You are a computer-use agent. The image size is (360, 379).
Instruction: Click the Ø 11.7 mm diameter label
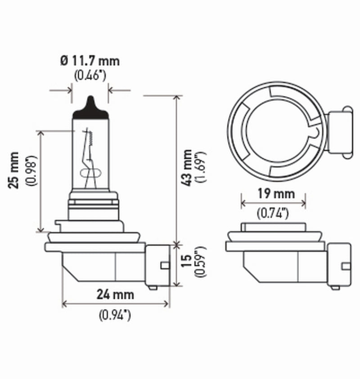coord(90,60)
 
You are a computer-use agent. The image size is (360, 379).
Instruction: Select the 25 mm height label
coord(15,170)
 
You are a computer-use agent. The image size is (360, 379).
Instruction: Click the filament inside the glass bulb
coord(89,153)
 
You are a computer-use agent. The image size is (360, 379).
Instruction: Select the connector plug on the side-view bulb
coord(157,265)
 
